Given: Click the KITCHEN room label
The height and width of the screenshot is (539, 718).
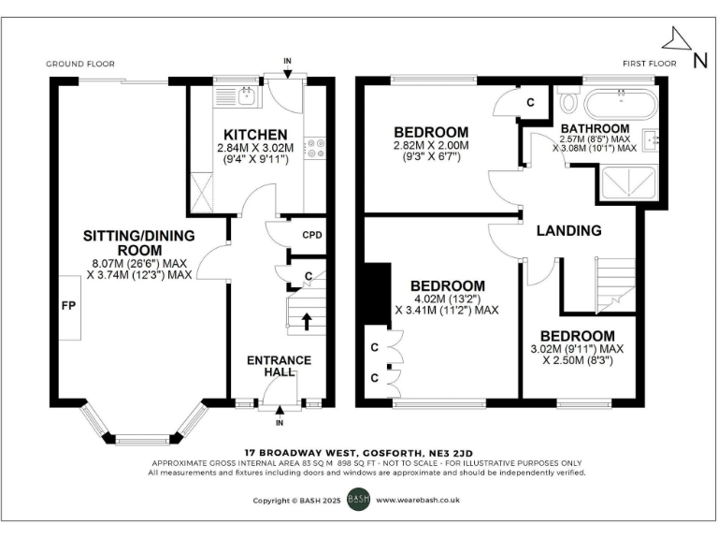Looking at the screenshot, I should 248,134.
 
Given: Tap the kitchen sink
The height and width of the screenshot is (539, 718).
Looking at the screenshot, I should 246,94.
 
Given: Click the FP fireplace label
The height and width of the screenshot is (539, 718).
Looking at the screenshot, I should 67,305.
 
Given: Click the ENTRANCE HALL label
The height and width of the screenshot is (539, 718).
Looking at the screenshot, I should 279,366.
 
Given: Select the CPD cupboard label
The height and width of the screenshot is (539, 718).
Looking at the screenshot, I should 312,234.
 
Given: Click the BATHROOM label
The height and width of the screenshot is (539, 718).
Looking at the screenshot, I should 595,127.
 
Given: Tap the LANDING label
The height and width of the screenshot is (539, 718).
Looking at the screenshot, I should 568,230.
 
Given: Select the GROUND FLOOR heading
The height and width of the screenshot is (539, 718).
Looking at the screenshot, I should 80,64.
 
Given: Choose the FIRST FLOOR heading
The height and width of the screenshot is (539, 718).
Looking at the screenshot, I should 648,64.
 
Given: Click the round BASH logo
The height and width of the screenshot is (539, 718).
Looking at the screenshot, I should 359,500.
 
